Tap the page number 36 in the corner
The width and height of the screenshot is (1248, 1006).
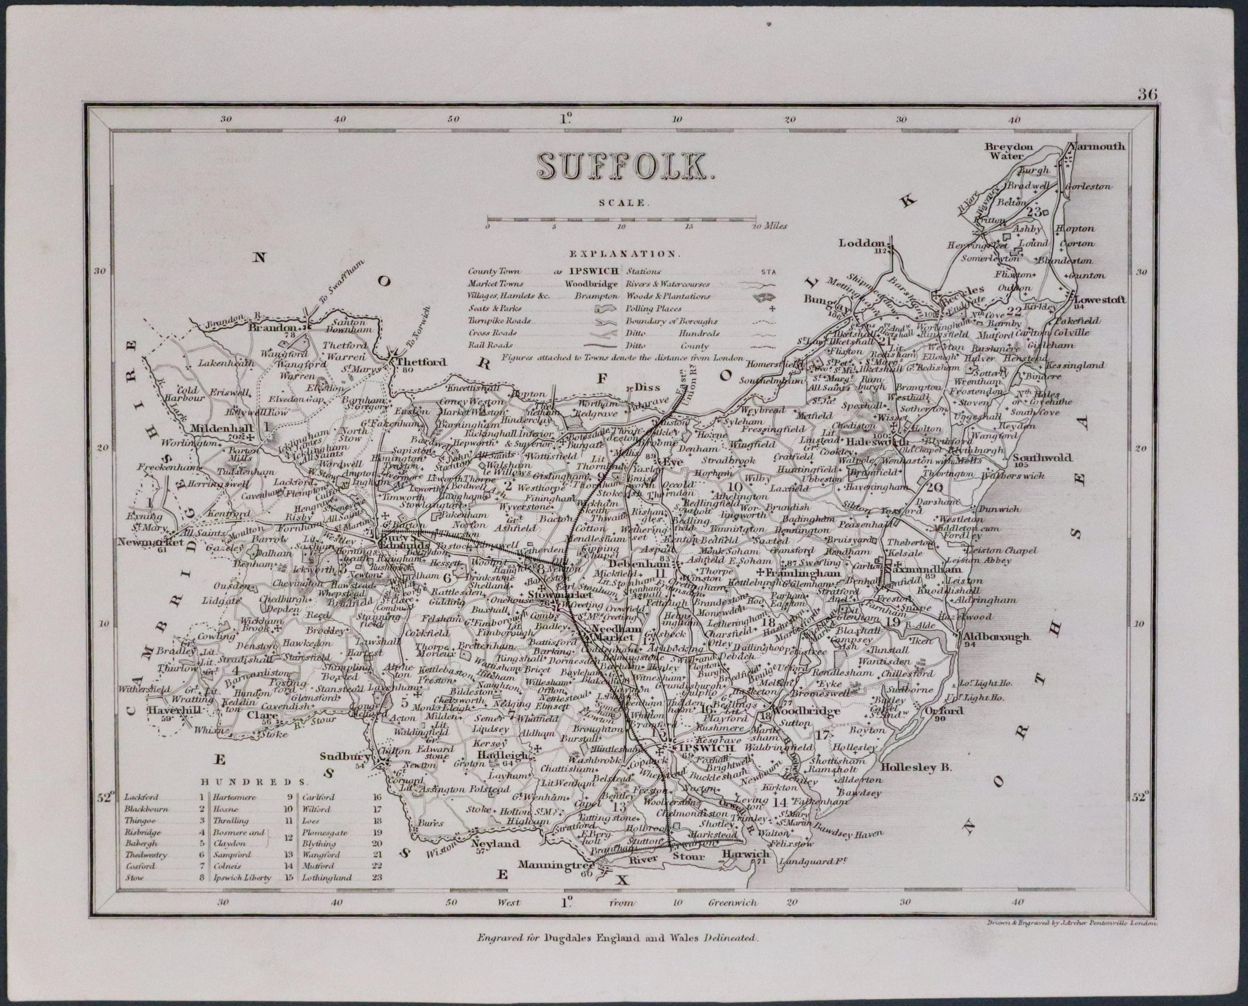[1147, 94]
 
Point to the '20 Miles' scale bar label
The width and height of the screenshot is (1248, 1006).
[770, 226]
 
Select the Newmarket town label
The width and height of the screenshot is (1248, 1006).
[150, 543]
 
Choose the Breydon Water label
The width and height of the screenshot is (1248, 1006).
[1008, 151]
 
